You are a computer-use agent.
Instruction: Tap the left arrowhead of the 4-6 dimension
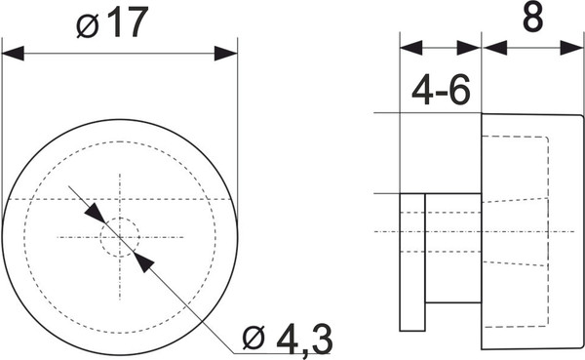410,46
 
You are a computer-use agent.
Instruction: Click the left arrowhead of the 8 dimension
493,46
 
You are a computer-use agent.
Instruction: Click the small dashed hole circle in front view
121,236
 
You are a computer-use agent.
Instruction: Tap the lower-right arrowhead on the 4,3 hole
143,260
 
